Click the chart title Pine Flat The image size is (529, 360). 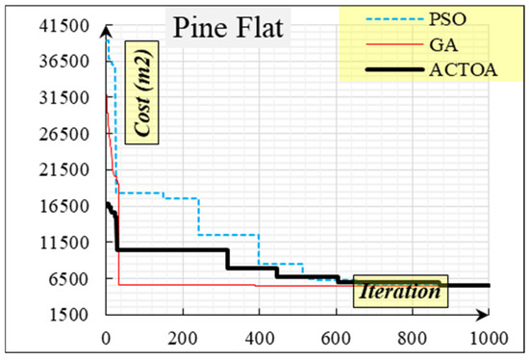228,28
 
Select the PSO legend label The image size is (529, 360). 447,19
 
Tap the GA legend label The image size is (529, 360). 443,44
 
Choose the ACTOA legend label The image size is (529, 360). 464,70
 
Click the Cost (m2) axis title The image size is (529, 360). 142,92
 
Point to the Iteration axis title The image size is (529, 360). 400,291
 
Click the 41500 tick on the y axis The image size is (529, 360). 64,26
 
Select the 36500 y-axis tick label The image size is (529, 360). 64,62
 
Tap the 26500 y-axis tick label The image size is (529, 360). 64,134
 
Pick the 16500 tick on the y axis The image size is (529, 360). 64,206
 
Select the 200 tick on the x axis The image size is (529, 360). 183,338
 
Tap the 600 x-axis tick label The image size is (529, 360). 336,338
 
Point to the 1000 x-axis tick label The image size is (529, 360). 489,338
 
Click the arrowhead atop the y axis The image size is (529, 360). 106,31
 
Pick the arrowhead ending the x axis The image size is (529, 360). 483,315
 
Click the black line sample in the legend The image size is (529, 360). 394,69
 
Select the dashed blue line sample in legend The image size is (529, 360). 394,19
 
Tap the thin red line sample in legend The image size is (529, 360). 394,44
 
